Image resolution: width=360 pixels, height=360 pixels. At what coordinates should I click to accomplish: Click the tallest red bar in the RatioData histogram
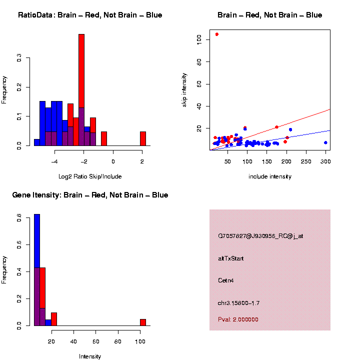(x=81, y=90)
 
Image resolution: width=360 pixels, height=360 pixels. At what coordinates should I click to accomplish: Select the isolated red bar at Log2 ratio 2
(x=143, y=138)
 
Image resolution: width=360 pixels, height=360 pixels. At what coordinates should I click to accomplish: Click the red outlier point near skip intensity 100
(x=216, y=34)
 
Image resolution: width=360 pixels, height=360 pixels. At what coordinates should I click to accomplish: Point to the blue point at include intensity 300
(x=325, y=142)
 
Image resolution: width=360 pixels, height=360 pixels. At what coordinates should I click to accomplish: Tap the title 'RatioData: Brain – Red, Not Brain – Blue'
(x=90, y=15)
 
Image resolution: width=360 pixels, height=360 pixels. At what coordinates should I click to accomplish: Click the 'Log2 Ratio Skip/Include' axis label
(x=90, y=176)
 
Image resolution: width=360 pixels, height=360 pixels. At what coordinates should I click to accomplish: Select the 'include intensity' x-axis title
(x=270, y=176)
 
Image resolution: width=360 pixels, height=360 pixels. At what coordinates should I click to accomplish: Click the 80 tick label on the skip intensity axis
(x=199, y=61)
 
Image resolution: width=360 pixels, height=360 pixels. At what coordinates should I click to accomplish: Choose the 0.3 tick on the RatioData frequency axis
(x=19, y=58)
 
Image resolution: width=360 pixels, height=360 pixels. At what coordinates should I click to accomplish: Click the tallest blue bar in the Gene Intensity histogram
(x=37, y=270)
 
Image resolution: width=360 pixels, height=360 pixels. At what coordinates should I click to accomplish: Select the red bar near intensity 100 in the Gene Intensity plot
(x=143, y=322)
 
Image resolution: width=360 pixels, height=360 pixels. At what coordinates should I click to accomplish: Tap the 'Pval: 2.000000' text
(x=238, y=319)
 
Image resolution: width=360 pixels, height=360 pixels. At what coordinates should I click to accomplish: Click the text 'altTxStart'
(x=231, y=258)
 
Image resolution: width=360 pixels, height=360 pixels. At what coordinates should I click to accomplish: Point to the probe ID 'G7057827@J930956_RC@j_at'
(x=260, y=236)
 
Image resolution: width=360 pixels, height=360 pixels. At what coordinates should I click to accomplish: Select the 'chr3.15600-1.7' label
(x=238, y=303)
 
